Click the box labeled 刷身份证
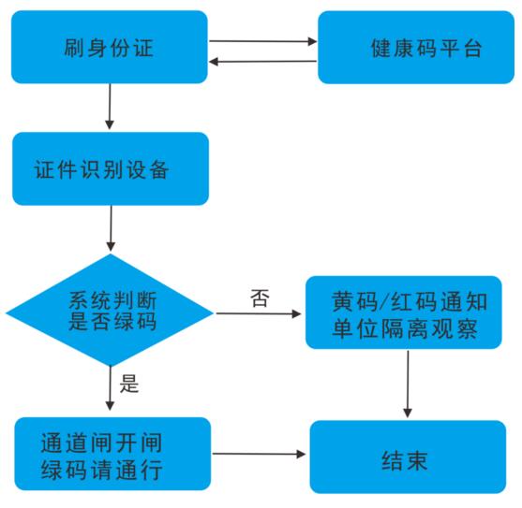tap(109, 47)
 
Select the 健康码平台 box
tap(415, 48)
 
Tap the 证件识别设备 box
tap(109, 169)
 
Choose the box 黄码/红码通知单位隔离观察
tap(409, 312)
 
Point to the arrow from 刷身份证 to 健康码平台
tap(263, 41)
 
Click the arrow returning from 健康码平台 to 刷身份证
tap(263, 62)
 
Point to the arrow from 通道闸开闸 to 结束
tap(260, 455)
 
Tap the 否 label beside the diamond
tap(260, 298)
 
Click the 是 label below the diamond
tap(129, 383)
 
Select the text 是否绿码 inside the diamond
tap(112, 322)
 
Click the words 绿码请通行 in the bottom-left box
tap(102, 469)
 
